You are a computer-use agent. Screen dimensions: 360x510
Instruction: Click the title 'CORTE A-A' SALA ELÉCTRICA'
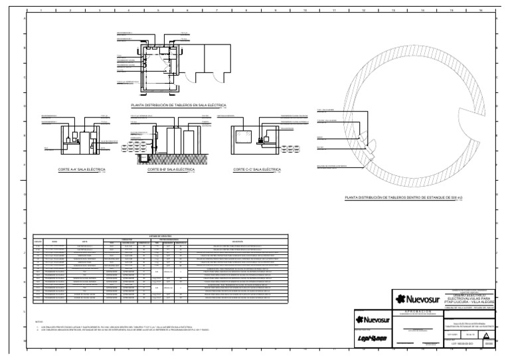click(82, 170)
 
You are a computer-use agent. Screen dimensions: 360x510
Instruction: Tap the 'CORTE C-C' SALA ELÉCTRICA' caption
click(256, 170)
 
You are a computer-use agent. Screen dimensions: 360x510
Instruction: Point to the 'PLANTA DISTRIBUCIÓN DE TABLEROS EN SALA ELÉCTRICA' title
click(179, 106)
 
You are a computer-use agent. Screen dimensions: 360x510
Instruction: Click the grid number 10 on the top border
click(304, 11)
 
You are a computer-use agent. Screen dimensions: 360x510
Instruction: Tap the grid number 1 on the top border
click(41, 11)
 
